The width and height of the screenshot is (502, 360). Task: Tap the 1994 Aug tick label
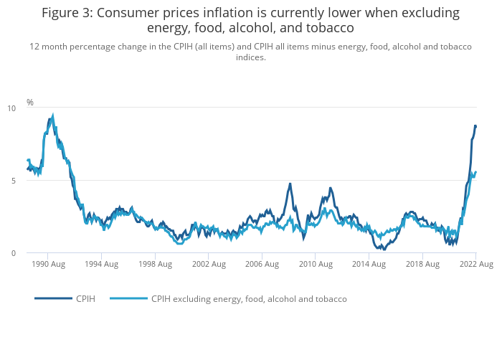pyautogui.click(x=101, y=264)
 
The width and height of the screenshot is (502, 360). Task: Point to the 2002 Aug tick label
pyautogui.click(x=208, y=264)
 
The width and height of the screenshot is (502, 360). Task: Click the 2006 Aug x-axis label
pyautogui.click(x=262, y=264)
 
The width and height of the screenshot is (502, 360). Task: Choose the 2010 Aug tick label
pyautogui.click(x=316, y=264)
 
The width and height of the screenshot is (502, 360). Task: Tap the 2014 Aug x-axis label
pyautogui.click(x=369, y=264)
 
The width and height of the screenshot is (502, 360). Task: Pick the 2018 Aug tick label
pyautogui.click(x=422, y=264)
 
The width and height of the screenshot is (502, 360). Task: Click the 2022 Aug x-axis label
pyautogui.click(x=475, y=264)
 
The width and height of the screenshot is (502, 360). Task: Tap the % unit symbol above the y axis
pyautogui.click(x=30, y=103)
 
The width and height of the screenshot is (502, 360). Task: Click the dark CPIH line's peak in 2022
pyautogui.click(x=475, y=126)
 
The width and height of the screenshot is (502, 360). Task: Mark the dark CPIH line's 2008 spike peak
pyautogui.click(x=290, y=184)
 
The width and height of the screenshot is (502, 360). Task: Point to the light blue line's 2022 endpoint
pyautogui.click(x=475, y=172)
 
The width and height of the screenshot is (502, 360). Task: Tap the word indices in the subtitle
pyautogui.click(x=251, y=57)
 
